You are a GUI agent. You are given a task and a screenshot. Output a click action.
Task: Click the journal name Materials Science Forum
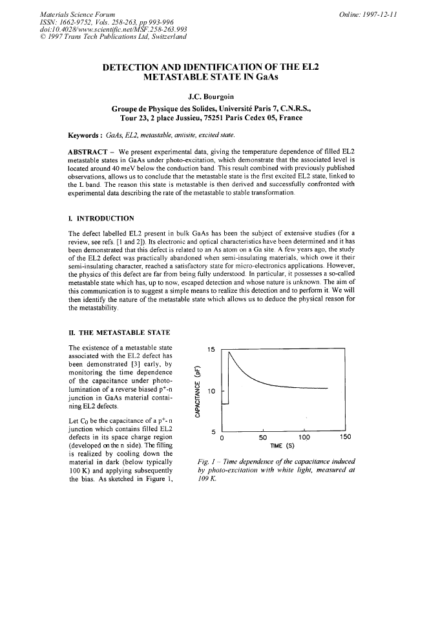click(x=78, y=14)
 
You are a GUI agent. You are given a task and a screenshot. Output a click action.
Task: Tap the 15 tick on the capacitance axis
click(x=211, y=350)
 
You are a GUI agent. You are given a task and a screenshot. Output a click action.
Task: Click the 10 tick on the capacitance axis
click(x=211, y=391)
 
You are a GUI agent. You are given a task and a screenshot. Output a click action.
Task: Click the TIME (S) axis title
click(x=281, y=445)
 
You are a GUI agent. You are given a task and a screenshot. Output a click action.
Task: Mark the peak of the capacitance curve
click(x=231, y=354)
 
